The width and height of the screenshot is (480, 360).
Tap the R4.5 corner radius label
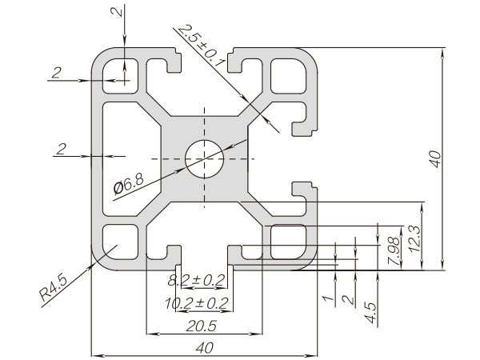54,287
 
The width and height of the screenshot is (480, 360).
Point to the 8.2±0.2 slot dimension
197,281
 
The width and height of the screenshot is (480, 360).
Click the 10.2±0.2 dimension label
197,303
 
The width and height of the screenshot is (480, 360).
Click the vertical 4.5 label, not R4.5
370,311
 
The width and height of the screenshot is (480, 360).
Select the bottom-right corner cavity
288,242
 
